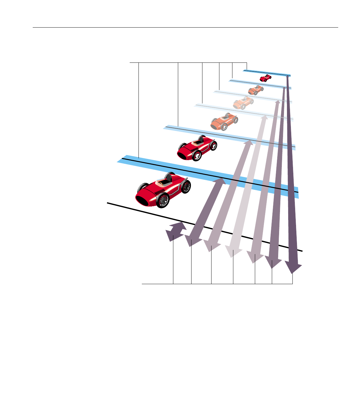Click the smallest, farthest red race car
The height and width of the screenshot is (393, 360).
point(265,78)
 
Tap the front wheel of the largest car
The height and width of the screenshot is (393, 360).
point(163,200)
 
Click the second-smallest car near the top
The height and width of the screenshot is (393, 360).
point(256,90)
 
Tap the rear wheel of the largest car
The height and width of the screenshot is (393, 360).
point(186,186)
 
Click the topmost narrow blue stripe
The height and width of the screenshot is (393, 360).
point(267,73)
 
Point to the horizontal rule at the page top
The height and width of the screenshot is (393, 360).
point(185,28)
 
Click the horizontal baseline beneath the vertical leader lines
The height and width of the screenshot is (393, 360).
point(217,284)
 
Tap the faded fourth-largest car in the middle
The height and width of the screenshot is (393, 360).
point(243,103)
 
